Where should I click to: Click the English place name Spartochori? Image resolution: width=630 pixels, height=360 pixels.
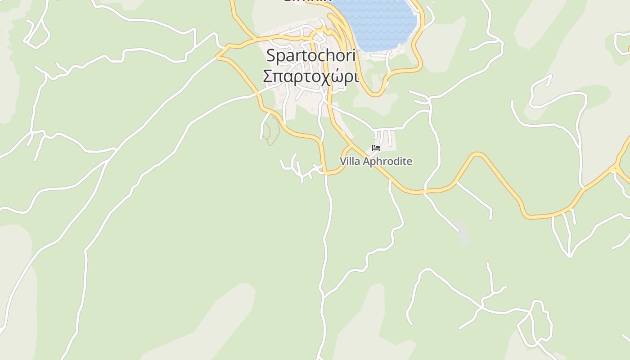[x=311, y=56]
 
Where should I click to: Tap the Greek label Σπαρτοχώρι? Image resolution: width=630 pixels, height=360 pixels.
[x=311, y=76]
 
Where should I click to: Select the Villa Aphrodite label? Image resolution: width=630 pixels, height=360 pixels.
[x=376, y=161]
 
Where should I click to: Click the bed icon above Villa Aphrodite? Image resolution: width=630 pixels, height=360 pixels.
[x=376, y=148]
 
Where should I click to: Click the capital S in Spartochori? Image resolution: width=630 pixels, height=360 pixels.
[x=271, y=56]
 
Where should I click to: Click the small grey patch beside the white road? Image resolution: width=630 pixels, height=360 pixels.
[x=463, y=232]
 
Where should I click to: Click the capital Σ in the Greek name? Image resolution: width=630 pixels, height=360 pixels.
[x=268, y=76]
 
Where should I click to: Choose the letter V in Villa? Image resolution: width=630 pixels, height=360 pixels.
[x=343, y=161]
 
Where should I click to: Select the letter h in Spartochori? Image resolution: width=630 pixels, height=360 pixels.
[x=333, y=56]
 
